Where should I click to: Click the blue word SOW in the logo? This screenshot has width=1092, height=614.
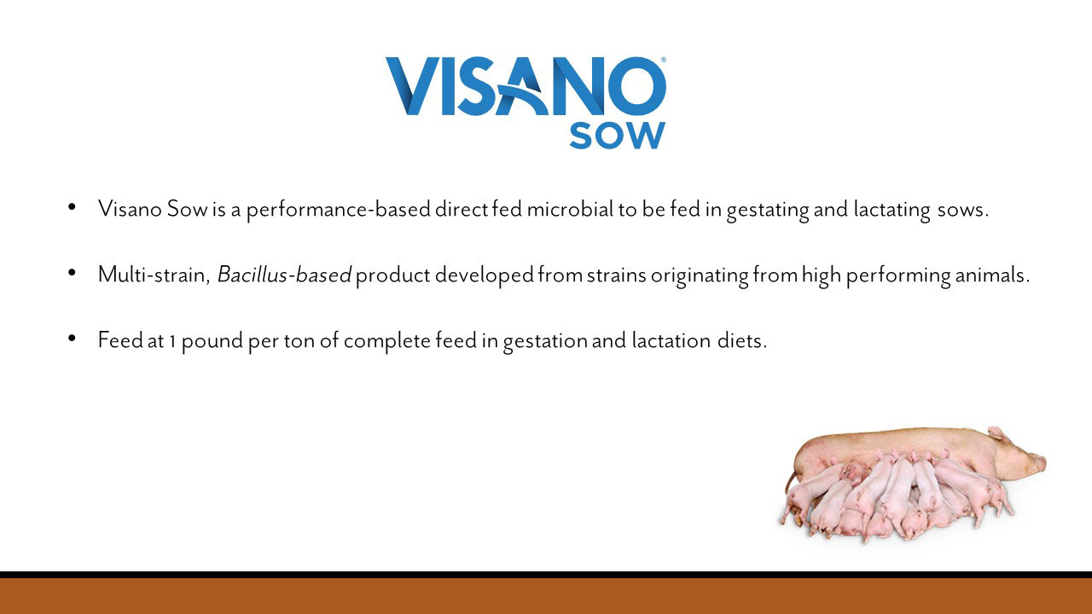(617, 136)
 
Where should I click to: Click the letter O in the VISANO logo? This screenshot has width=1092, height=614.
(636, 86)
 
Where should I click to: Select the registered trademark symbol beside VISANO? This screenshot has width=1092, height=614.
(664, 60)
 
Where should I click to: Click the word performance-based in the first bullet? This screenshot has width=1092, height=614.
(339, 210)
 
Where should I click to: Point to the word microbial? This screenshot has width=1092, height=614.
(570, 209)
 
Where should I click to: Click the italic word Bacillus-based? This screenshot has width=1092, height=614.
(284, 275)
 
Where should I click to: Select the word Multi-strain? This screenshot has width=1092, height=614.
(153, 275)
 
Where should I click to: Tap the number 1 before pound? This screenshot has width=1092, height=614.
(172, 342)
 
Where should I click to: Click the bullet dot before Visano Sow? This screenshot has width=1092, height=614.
(73, 207)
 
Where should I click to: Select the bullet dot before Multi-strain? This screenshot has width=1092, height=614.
(73, 272)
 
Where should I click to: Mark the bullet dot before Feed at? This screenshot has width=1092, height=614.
(73, 338)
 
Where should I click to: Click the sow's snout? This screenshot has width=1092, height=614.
(1039, 463)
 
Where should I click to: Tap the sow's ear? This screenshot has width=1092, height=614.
(997, 435)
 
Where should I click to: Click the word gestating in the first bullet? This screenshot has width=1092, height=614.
(768, 211)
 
